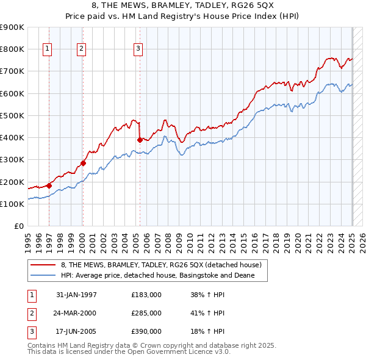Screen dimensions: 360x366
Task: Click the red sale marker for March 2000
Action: pyautogui.click(x=83, y=163)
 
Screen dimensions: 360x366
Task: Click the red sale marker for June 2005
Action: pyautogui.click(x=140, y=140)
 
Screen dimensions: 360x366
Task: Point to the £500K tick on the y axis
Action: pyautogui.click(x=13, y=115)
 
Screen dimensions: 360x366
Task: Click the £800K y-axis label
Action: pyautogui.click(x=13, y=49)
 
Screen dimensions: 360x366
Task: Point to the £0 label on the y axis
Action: pyautogui.click(x=20, y=226)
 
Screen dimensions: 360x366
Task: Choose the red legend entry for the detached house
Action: pyautogui.click(x=161, y=265)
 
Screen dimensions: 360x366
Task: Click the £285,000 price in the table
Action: pyautogui.click(x=146, y=313)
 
